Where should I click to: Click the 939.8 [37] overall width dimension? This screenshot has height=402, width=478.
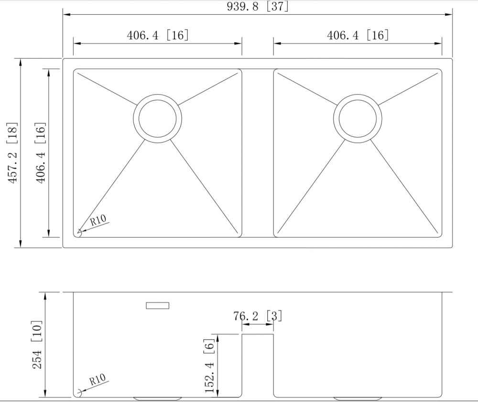click(x=258, y=6)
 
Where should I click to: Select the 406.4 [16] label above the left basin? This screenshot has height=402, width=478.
click(x=158, y=35)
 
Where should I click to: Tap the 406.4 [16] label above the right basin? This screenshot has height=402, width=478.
click(x=358, y=35)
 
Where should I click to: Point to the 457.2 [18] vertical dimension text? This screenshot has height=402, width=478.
click(x=12, y=152)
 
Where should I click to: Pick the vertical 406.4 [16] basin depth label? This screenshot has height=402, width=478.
click(x=41, y=152)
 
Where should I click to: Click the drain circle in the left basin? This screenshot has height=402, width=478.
click(x=158, y=118)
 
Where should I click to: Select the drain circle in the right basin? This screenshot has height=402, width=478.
click(x=358, y=118)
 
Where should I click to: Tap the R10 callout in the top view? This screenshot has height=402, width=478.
click(x=98, y=220)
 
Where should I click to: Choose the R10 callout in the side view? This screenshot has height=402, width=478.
click(x=98, y=380)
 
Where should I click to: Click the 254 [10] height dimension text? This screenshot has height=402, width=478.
click(x=37, y=345)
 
